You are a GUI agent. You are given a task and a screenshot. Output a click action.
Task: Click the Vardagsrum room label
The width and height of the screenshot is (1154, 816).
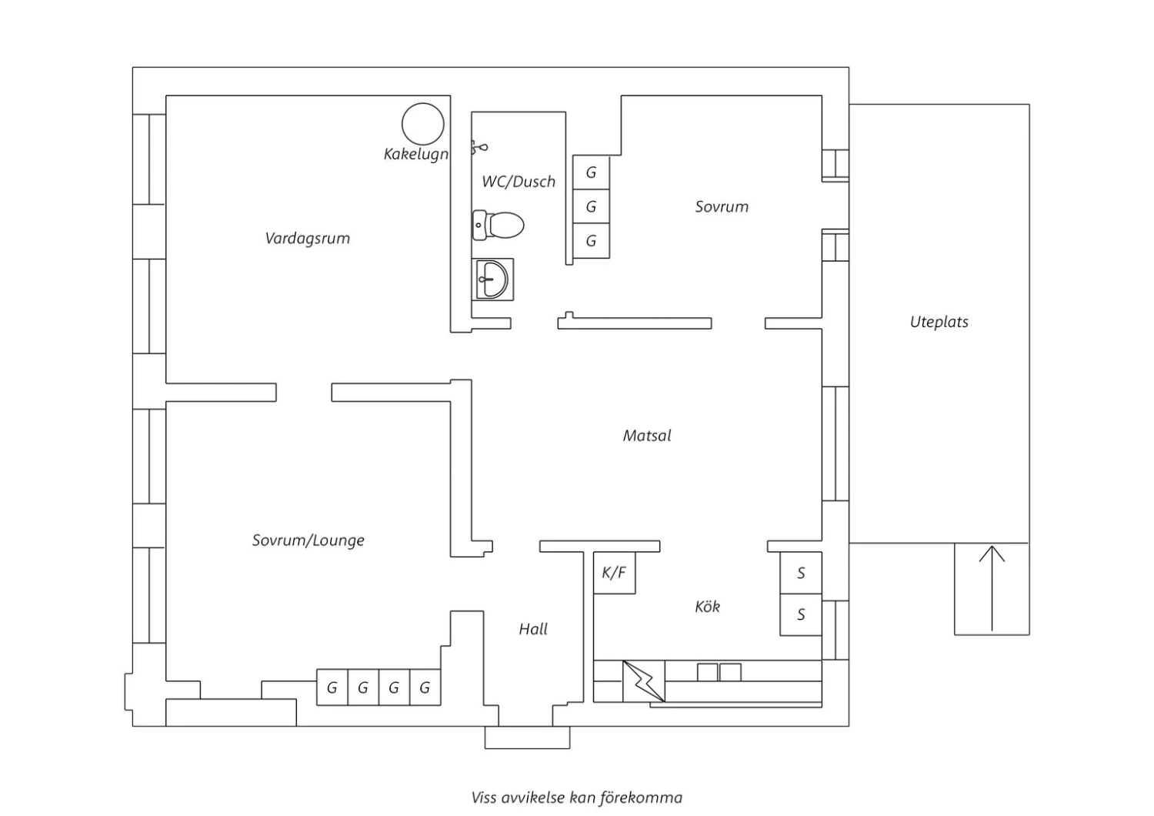308,239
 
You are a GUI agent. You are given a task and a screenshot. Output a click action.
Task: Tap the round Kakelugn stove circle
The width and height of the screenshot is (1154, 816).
423,124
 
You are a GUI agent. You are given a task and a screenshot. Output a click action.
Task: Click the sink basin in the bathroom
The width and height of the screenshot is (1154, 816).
492,279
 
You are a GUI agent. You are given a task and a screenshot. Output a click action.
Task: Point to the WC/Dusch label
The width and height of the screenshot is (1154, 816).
519,182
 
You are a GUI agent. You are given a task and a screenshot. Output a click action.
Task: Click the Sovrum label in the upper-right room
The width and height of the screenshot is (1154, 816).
722,206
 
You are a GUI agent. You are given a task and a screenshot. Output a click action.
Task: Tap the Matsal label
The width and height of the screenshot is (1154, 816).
647,436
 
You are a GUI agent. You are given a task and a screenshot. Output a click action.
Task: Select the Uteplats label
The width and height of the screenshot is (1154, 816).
939,323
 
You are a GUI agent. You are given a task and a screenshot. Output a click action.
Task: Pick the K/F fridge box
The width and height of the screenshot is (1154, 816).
614,573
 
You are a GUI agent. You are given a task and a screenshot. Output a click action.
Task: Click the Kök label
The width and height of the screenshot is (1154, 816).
708,607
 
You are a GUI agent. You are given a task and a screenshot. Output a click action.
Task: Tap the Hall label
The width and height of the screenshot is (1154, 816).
533,630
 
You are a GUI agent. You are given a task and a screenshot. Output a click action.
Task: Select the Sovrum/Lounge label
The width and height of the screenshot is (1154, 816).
309,540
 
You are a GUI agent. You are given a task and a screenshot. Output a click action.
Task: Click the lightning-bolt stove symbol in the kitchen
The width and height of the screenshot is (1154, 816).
643,681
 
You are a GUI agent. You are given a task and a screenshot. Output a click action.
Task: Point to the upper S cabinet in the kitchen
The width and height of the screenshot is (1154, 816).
801,573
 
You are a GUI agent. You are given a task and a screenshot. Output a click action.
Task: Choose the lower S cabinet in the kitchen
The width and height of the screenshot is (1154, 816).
801,614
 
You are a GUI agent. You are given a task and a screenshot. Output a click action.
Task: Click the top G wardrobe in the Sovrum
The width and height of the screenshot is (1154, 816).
591,172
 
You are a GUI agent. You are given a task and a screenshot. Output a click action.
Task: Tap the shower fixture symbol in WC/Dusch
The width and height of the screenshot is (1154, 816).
479,146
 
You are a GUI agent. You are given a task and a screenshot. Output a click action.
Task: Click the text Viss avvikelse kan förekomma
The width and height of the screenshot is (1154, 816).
577,798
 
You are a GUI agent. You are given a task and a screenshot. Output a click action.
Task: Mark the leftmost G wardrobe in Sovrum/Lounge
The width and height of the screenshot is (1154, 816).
332,687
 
